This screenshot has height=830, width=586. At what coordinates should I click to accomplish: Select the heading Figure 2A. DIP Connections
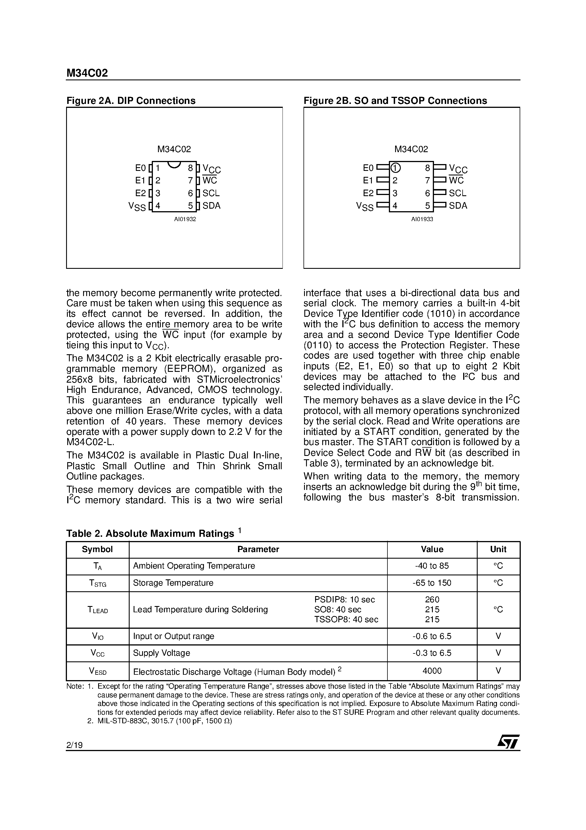[x=131, y=100]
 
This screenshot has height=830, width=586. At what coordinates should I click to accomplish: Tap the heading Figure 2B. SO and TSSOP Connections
[x=395, y=100]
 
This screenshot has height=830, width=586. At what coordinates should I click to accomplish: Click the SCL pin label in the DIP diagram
[x=211, y=193]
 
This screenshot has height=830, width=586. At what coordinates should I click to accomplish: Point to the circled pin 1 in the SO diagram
[x=396, y=168]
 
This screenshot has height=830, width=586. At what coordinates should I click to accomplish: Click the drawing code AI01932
[x=185, y=219]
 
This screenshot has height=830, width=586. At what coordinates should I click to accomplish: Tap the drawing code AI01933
[x=422, y=219]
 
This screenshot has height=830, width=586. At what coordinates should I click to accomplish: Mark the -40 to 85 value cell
[x=432, y=566]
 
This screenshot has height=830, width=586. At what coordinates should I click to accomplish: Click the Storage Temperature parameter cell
[x=173, y=583]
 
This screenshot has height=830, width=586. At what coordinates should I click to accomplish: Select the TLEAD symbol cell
[x=98, y=610]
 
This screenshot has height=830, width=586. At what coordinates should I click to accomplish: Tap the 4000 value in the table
[x=432, y=671]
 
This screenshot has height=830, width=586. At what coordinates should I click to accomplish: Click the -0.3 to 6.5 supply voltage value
[x=432, y=653]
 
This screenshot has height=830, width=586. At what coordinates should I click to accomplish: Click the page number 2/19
[x=74, y=745]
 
